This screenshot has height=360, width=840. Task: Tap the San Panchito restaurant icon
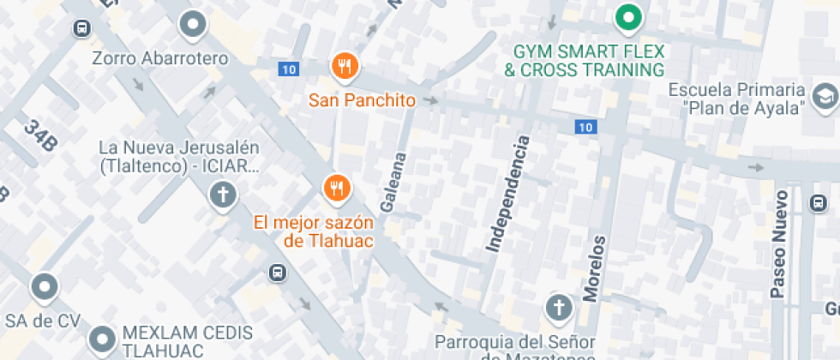[x=345, y=66]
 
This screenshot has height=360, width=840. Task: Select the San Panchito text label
[x=362, y=100]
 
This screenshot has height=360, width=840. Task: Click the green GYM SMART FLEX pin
[x=630, y=17]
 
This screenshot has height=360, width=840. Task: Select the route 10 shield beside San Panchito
[x=288, y=69]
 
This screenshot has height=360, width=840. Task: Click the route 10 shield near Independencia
[x=585, y=127]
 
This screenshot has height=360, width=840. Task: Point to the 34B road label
[x=39, y=136]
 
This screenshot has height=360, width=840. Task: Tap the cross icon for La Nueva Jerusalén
[x=222, y=195]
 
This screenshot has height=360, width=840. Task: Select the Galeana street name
[x=392, y=183]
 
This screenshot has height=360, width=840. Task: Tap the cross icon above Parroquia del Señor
[x=559, y=306]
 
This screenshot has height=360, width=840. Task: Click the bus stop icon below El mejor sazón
[x=278, y=273]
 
